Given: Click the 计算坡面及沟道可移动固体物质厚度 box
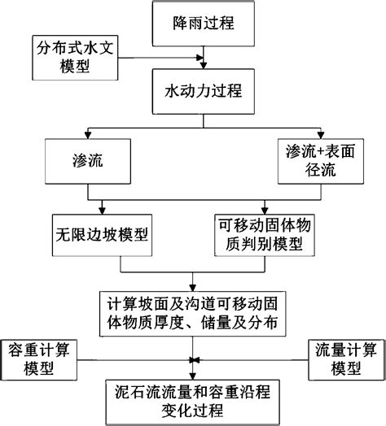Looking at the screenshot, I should tap(193, 311).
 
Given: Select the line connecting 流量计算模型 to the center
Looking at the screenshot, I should tap(252, 359).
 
